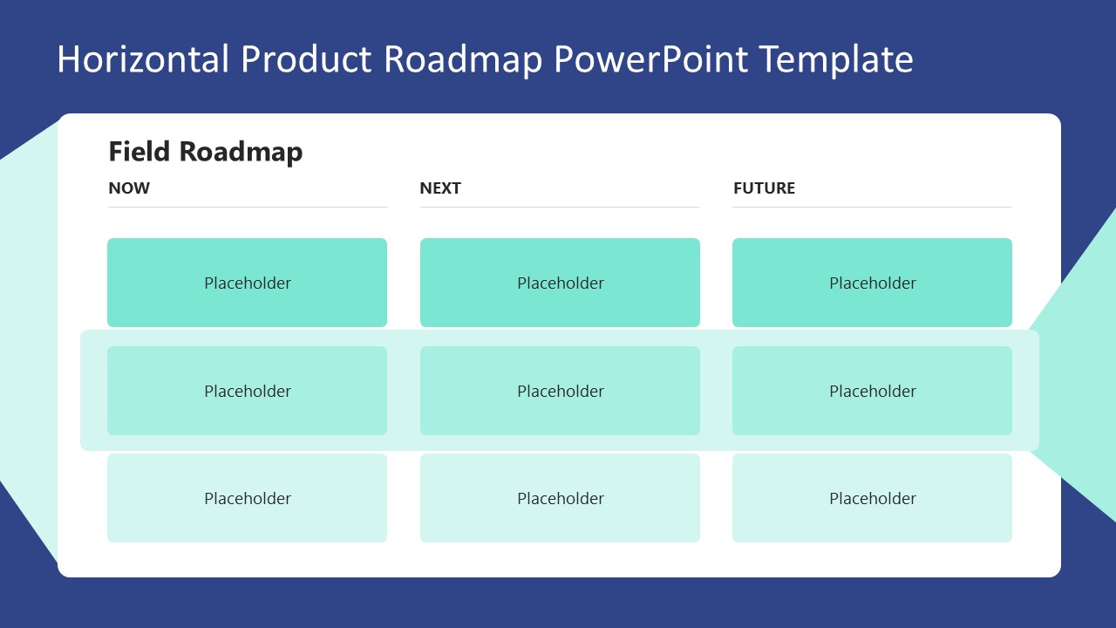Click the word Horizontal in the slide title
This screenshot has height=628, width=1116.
[x=143, y=59]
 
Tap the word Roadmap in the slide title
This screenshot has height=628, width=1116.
[x=461, y=59]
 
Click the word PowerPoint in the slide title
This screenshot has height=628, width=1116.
[x=650, y=59]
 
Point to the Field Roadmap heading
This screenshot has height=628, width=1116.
[x=205, y=152]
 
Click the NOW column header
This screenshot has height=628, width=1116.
[x=129, y=188]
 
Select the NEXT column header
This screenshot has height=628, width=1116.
[x=440, y=188]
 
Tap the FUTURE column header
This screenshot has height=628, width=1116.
[x=764, y=188]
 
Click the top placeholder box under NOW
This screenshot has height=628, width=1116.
[x=247, y=283]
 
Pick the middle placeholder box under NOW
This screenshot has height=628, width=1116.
[x=247, y=391]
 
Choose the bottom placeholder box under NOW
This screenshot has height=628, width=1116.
[x=247, y=498]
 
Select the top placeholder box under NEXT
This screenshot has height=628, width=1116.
[x=560, y=283]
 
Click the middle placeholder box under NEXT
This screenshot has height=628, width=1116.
[x=560, y=391]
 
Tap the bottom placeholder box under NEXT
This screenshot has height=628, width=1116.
[x=560, y=498]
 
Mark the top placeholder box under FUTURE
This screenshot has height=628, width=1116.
[x=872, y=283]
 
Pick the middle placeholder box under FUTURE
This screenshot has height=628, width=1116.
[x=872, y=391]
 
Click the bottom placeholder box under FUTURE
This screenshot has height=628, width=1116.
[x=872, y=498]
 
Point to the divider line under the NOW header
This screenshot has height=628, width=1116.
[x=247, y=207]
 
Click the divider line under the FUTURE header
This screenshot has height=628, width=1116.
[x=872, y=207]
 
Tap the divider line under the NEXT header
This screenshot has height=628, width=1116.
[x=560, y=207]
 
